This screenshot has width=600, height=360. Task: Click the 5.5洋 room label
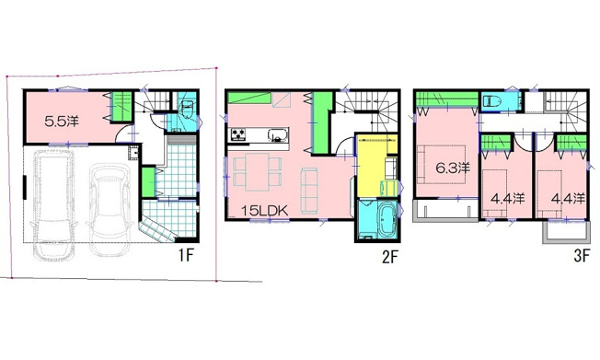click(x=62, y=122)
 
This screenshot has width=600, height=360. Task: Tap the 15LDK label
click(x=264, y=210)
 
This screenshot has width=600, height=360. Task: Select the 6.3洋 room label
click(x=453, y=168)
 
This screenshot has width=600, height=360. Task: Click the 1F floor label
click(x=187, y=255)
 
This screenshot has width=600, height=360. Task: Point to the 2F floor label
click(x=390, y=258)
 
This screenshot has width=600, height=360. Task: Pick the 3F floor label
click(x=582, y=256)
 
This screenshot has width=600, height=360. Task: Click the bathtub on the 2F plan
click(x=387, y=219)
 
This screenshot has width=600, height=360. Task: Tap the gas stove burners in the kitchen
click(x=238, y=134)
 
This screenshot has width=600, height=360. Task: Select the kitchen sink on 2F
click(x=278, y=134)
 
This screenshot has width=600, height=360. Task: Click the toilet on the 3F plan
click(x=491, y=101)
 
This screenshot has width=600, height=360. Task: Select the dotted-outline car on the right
click(x=110, y=210)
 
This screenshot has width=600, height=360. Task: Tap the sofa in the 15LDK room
click(x=309, y=190)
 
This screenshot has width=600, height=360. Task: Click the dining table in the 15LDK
click(x=257, y=171)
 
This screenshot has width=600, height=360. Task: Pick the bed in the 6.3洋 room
click(x=441, y=164)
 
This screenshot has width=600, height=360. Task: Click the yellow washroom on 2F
click(x=373, y=165)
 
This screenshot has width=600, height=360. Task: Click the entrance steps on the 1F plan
click(x=157, y=231)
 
